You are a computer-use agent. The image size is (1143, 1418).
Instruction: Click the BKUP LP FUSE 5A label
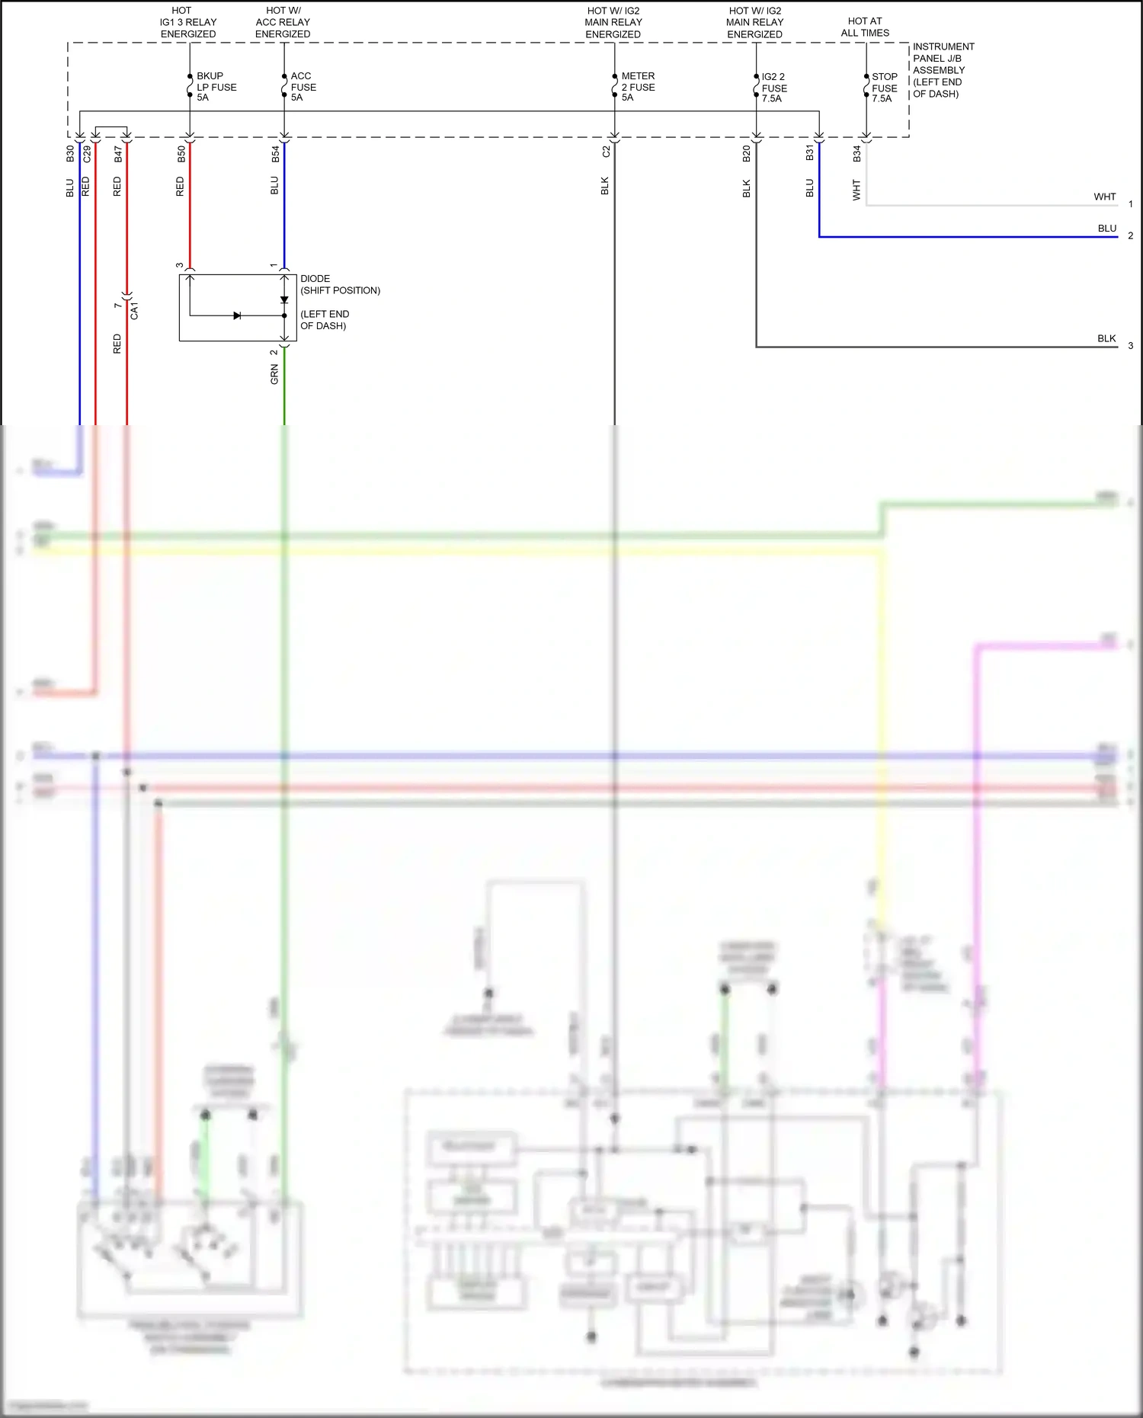tap(216, 87)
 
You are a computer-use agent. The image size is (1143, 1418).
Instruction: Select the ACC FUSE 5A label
tap(303, 87)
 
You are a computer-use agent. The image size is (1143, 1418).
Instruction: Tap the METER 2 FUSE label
tap(637, 87)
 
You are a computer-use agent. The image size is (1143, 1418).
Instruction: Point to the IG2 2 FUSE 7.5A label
tap(773, 88)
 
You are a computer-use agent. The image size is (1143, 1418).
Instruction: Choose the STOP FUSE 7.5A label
tap(884, 88)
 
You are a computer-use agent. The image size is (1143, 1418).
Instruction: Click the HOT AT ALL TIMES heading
tap(865, 27)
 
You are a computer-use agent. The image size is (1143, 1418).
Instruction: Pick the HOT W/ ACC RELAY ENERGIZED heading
tap(283, 23)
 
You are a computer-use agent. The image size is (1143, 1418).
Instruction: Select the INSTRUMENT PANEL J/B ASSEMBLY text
tap(943, 70)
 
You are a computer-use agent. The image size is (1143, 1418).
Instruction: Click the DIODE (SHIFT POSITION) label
tap(339, 284)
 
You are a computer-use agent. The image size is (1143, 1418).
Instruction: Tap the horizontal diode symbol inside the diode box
tap(237, 315)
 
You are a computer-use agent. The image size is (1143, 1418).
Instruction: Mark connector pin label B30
tap(70, 154)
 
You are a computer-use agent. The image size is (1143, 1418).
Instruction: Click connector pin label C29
tap(87, 154)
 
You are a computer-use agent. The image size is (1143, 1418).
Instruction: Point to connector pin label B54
tap(275, 155)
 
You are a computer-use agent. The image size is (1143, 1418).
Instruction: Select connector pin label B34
tap(856, 154)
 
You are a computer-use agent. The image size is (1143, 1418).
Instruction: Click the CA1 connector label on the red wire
tap(134, 310)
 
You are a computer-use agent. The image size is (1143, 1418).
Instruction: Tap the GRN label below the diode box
tap(274, 374)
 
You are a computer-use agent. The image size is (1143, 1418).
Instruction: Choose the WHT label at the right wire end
tap(1104, 197)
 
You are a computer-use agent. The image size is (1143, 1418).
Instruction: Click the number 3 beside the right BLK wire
tap(1131, 346)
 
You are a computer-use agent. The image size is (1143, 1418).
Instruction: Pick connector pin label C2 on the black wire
tap(606, 152)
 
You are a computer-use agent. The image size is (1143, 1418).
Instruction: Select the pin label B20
tap(746, 154)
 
